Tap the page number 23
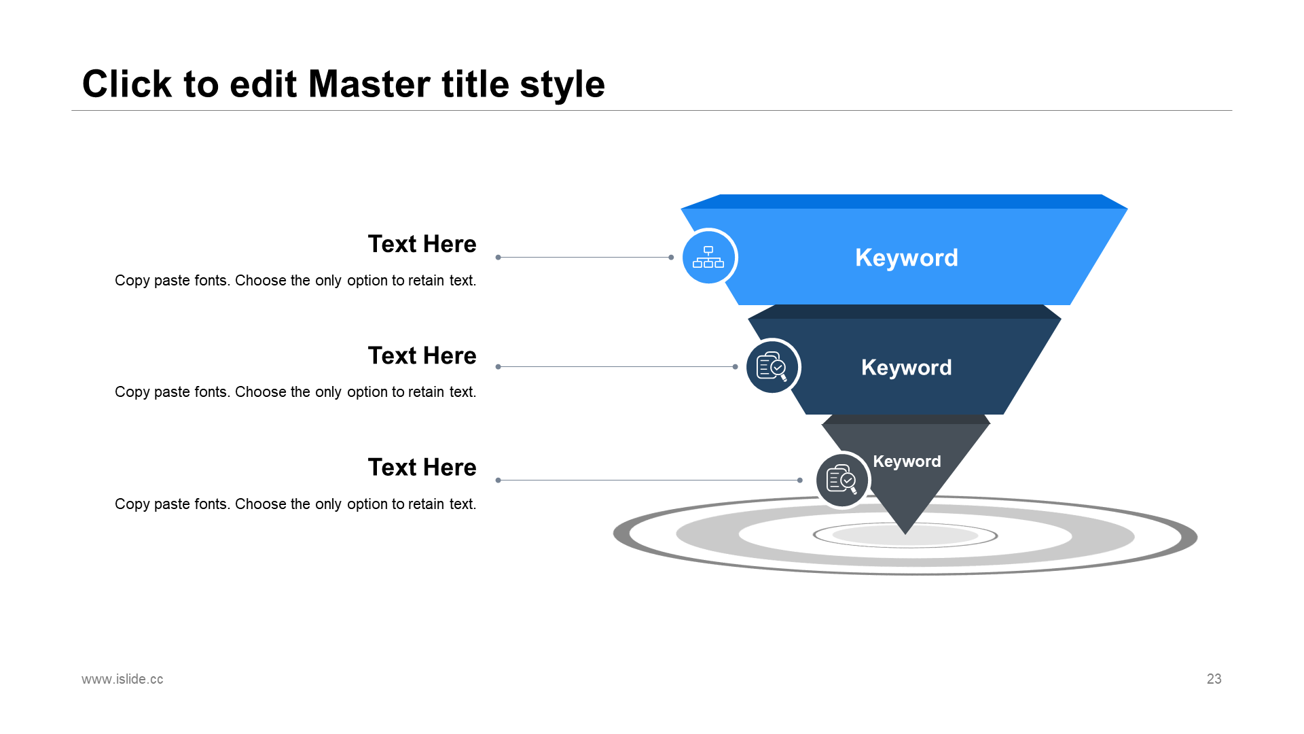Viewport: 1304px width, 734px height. pyautogui.click(x=1214, y=679)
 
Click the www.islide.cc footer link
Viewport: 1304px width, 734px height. pyautogui.click(x=122, y=679)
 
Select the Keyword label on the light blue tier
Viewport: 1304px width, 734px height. pyautogui.click(x=906, y=258)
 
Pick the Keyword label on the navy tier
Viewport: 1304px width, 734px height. pyautogui.click(x=906, y=368)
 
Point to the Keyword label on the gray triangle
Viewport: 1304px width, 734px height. pyautogui.click(x=907, y=461)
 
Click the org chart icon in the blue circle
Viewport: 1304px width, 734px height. pyautogui.click(x=708, y=257)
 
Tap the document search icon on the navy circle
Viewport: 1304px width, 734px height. pyautogui.click(x=772, y=367)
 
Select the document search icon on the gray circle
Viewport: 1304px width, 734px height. pyautogui.click(x=841, y=480)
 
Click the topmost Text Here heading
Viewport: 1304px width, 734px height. pyautogui.click(x=422, y=244)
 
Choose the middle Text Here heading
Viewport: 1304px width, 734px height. pyautogui.click(x=422, y=355)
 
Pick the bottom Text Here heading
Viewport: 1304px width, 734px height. pyautogui.click(x=422, y=468)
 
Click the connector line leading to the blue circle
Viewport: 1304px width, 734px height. pyautogui.click(x=584, y=257)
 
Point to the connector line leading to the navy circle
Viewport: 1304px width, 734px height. pyautogui.click(x=617, y=366)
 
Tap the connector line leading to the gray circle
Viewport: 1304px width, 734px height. pyautogui.click(x=649, y=480)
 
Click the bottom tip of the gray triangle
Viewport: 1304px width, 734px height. pyautogui.click(x=905, y=531)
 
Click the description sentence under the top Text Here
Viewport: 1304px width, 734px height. pyautogui.click(x=295, y=281)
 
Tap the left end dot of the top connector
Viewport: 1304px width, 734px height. pyautogui.click(x=498, y=257)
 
